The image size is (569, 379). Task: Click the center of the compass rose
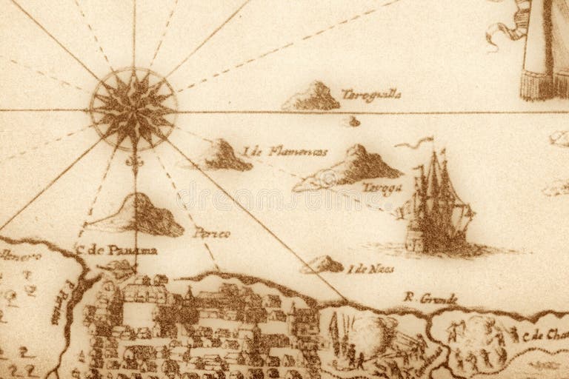133,110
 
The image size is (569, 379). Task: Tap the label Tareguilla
371,94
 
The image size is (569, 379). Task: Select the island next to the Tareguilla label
312,97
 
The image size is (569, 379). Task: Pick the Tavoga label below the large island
382,187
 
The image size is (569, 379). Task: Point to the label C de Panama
116,249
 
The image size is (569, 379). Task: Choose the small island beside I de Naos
323,264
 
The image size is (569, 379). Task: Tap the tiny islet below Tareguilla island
350,121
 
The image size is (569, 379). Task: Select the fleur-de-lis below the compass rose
134,161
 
